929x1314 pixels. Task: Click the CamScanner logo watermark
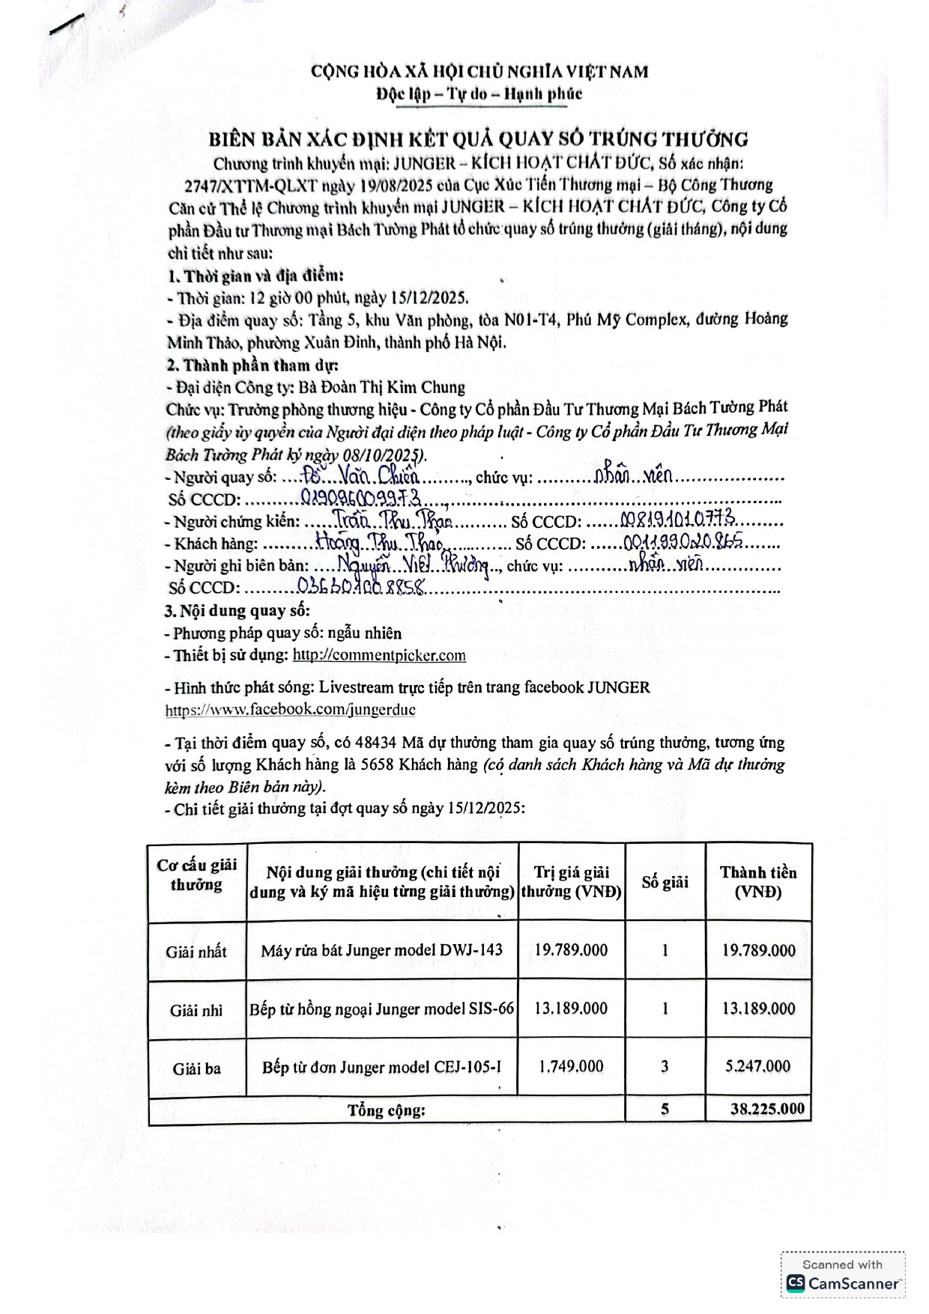tap(843, 1283)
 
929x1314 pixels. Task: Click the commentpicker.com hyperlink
tap(378, 655)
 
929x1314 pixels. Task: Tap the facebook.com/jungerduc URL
tap(291, 709)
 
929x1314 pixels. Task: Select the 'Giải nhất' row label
tap(196, 952)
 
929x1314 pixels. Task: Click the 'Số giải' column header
tap(665, 882)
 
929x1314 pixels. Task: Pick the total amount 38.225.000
tap(767, 1109)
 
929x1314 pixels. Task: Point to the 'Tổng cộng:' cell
tap(386, 1110)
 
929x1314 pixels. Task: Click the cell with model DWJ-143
tap(381, 951)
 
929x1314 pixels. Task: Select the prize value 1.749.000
tap(571, 1066)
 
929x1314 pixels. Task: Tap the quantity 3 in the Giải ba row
tap(665, 1066)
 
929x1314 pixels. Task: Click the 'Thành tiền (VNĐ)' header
tap(758, 882)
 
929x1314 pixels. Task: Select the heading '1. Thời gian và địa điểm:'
tap(255, 276)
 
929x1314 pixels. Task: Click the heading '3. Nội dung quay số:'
tap(237, 610)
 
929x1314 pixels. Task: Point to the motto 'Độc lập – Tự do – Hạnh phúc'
tap(479, 94)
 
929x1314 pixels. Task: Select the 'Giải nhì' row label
tap(196, 1010)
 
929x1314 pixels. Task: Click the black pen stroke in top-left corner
tap(65, 25)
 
